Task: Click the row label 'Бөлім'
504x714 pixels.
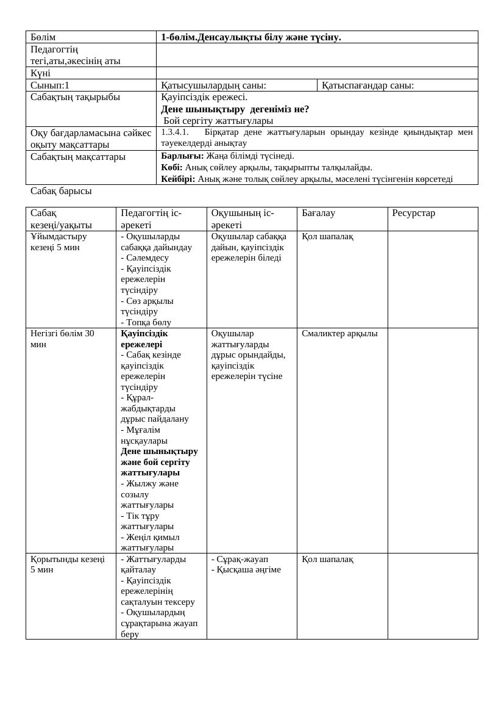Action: pos(43,37)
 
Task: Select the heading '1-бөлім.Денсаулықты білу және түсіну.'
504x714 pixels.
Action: pos(250,37)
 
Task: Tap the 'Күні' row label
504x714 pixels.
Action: pos(40,73)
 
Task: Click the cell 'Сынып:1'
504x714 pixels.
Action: pos(50,85)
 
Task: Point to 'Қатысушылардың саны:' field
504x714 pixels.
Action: pos(213,85)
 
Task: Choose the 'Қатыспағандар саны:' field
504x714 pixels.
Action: pos(367,85)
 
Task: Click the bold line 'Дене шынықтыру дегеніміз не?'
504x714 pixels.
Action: pos(235,109)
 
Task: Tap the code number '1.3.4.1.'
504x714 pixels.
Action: pos(175,132)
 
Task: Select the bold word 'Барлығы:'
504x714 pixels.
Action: pos(182,156)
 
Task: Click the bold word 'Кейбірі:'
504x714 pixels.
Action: pos(178,179)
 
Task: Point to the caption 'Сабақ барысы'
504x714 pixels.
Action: pos(61,191)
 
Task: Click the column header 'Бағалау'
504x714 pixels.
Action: pos(318,213)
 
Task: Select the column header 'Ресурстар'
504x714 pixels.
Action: pos(413,213)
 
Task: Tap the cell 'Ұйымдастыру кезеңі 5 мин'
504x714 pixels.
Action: pos(59,242)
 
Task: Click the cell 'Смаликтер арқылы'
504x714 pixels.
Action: pos(339,333)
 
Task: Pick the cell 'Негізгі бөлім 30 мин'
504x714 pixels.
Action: pos(62,339)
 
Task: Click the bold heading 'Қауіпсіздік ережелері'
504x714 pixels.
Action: pos(144,339)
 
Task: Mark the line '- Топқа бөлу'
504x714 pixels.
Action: pos(146,322)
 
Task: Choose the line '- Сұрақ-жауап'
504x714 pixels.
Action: pos(240,559)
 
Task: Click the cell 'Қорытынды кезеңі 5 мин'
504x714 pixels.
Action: pos(67,564)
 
